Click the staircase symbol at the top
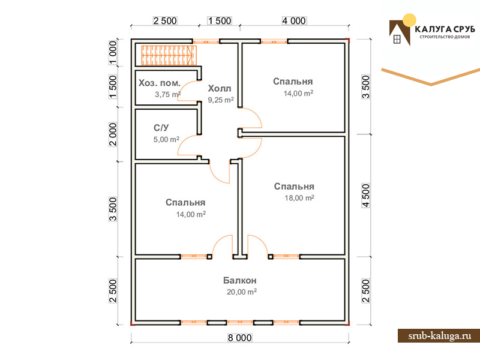click(x=169, y=55)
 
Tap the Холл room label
click(x=220, y=88)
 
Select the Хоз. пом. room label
click(x=160, y=83)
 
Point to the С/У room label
click(x=161, y=128)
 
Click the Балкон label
click(x=239, y=280)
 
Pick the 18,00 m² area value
click(x=299, y=198)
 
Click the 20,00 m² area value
click(x=242, y=292)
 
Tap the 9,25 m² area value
click(x=221, y=100)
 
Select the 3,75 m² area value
click(x=167, y=94)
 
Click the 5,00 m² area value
click(x=166, y=139)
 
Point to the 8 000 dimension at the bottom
click(x=239, y=338)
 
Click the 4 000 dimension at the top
click(x=294, y=21)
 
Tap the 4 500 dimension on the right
click(x=366, y=196)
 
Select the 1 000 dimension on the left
click(x=113, y=53)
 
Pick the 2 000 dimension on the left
click(x=113, y=134)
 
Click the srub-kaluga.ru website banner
click(x=439, y=336)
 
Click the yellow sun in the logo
click(x=409, y=20)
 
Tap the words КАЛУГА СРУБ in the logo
click(x=445, y=29)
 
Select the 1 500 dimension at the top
click(x=220, y=21)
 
